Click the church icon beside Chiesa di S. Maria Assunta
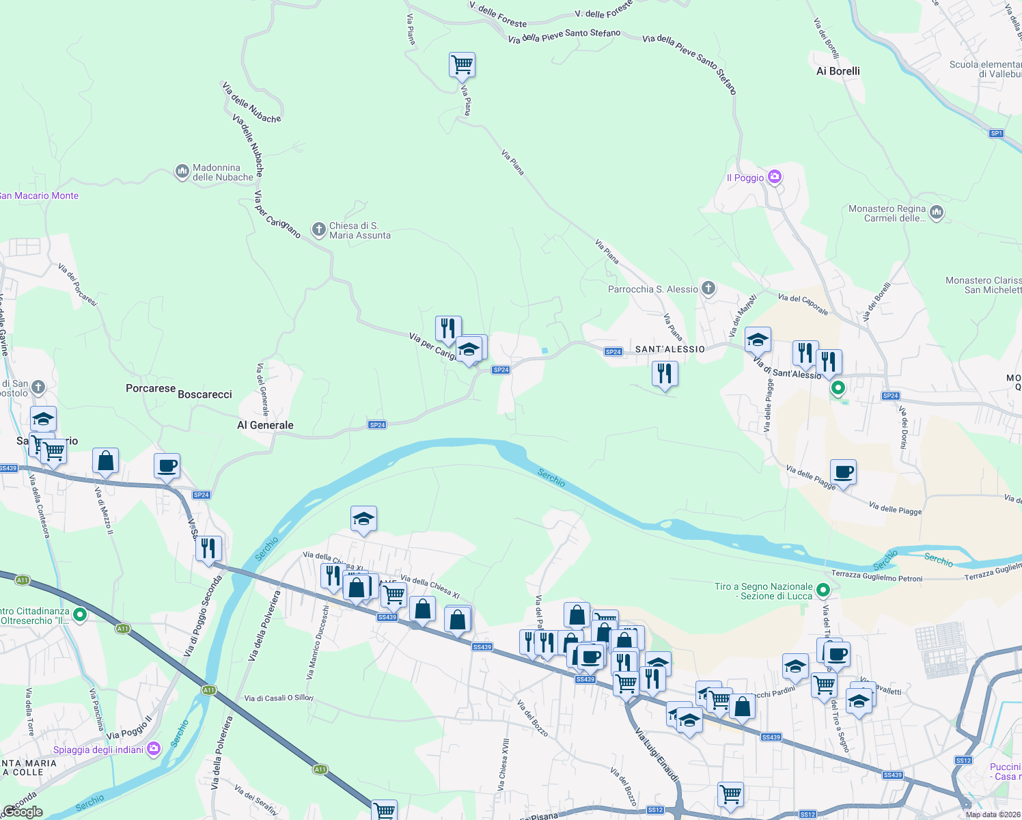318,230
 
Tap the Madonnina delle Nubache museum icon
182,171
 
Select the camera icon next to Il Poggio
774,177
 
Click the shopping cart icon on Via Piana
462,65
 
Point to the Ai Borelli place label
838,71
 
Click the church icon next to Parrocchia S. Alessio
708,288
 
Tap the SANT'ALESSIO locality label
669,349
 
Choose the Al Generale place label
265,425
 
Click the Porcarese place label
150,388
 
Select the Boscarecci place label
205,394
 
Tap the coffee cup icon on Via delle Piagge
843,471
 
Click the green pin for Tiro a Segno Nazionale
823,590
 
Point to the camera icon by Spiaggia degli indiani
154,749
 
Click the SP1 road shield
996,133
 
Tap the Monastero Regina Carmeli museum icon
937,213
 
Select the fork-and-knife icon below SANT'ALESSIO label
664,374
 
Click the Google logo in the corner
23,812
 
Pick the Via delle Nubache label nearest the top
251,103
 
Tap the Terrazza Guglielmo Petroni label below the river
876,577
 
